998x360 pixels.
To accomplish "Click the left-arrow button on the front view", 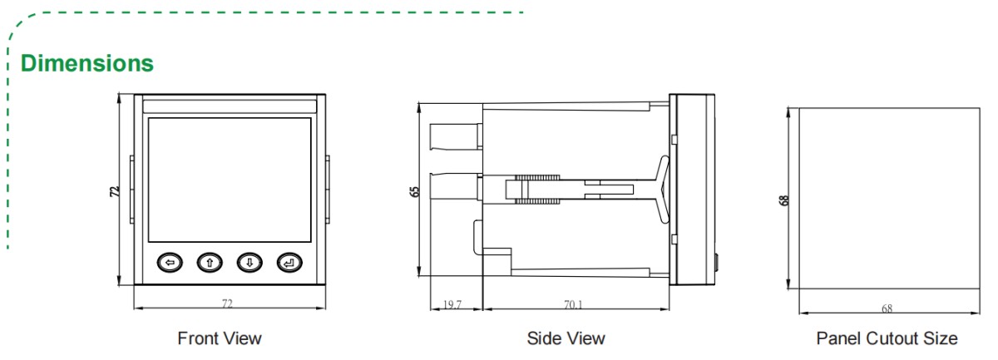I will [170, 263].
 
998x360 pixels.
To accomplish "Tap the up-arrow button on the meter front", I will [210, 263].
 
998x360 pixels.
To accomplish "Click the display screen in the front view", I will [230, 177].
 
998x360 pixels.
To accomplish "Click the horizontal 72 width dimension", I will [227, 303].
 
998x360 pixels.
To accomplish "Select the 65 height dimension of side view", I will [414, 190].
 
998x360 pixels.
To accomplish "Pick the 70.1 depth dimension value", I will [573, 304].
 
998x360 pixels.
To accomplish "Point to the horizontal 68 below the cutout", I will [887, 309].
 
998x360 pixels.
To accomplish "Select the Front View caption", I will [220, 338].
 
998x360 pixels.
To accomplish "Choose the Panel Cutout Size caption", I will [887, 338].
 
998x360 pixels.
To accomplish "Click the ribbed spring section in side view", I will [532, 190].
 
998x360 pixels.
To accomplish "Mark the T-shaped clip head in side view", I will [661, 190].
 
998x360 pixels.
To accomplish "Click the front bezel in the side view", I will [692, 190].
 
